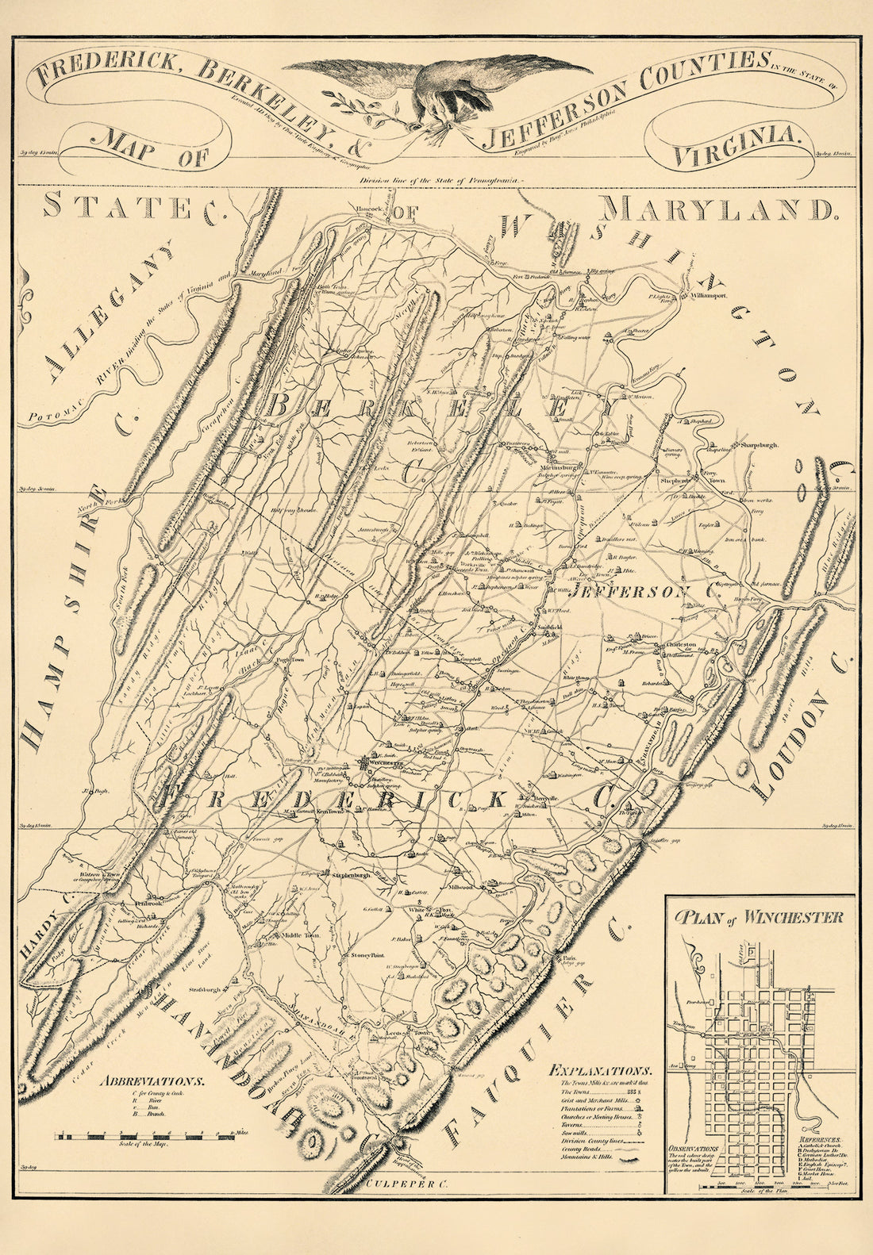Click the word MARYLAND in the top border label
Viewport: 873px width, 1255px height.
coord(717,209)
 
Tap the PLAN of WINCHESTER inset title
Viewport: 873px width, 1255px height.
coord(759,918)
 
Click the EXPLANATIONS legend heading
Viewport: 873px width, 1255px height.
coord(602,1069)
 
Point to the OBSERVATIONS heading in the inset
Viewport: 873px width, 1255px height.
coord(694,1148)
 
